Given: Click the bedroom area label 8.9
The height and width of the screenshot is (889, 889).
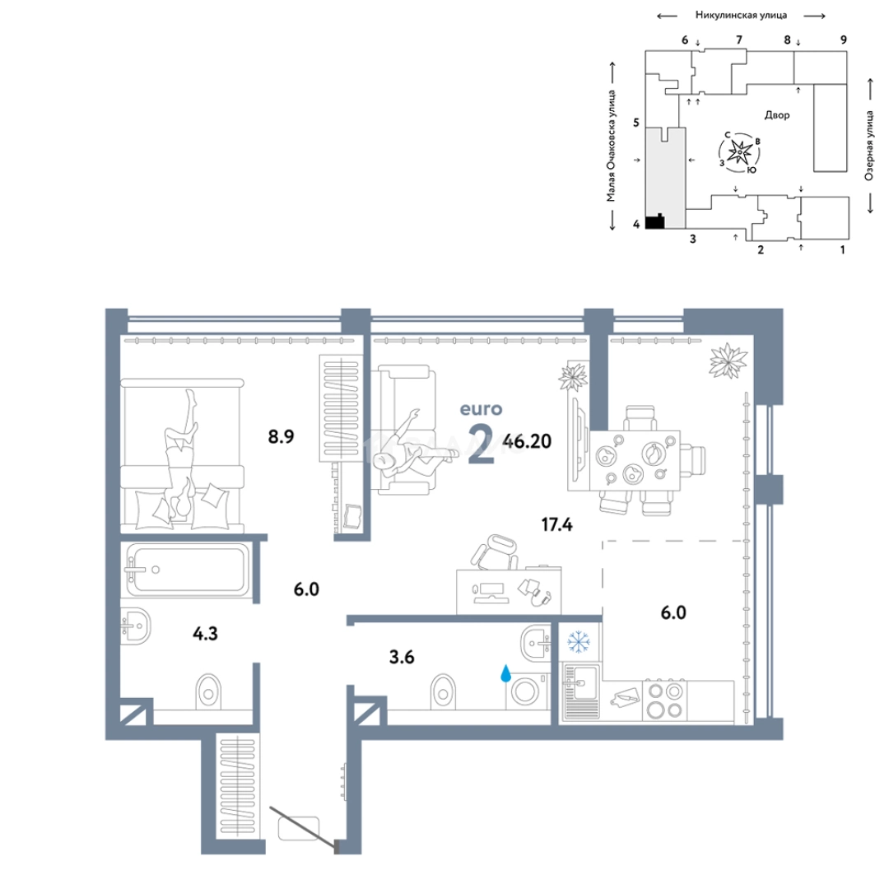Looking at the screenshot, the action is [281, 436].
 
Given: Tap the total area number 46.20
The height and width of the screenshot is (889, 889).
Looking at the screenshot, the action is [527, 441].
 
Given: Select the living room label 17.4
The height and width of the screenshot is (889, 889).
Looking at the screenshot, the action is [556, 524].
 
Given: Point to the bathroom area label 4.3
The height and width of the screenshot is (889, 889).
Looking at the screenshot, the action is [205, 633].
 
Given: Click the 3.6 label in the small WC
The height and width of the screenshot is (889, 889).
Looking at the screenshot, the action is [402, 657].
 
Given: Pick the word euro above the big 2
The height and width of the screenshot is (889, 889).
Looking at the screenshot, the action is [481, 409].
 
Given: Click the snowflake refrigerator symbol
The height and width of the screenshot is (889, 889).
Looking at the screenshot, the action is [579, 642].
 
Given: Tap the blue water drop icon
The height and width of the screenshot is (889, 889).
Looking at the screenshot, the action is [505, 673].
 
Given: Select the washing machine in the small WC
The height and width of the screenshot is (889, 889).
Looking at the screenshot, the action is [528, 691].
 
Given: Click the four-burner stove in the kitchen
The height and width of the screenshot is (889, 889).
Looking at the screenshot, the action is [664, 700].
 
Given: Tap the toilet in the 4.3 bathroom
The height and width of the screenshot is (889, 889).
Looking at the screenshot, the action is [208, 691].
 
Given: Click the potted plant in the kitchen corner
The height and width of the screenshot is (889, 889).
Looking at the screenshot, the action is [728, 360].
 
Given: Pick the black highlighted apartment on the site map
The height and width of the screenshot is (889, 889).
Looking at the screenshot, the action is [655, 221].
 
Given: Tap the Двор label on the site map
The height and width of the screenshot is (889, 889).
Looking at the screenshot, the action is [777, 115].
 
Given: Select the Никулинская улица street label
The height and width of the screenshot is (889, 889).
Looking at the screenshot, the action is [741, 16].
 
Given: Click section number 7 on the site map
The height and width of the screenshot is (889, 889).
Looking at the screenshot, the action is [738, 40].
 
